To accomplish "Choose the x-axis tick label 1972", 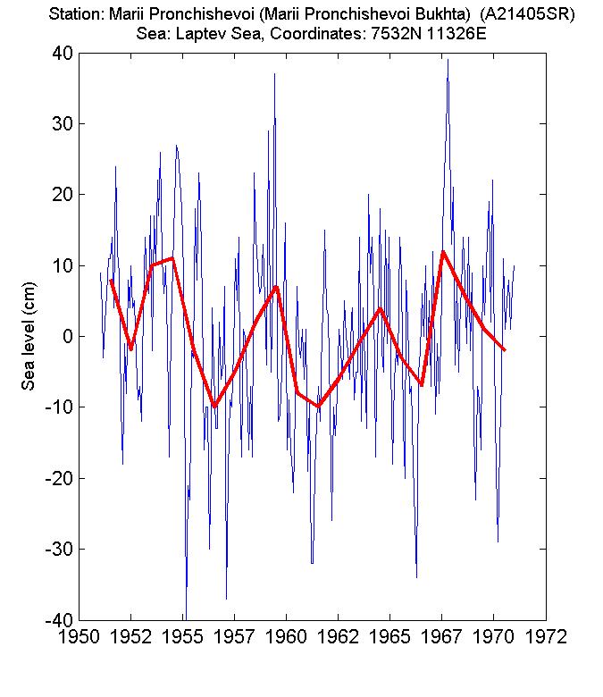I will pos(545,639).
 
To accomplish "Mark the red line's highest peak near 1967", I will pos(443,252).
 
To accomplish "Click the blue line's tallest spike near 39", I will pos(448,60).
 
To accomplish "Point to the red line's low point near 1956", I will pos(214,407).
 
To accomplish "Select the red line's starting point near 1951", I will pos(111,280).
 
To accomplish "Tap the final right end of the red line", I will pos(505,350).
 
